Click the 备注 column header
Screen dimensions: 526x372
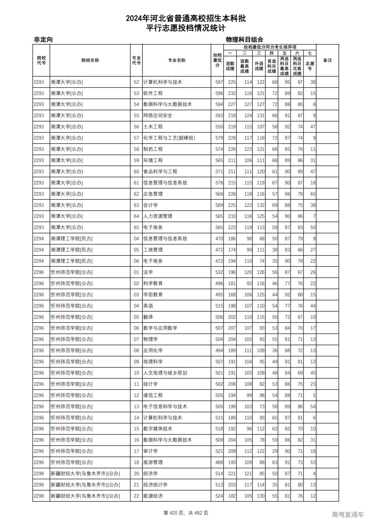click(327, 60)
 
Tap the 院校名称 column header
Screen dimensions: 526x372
click(90, 60)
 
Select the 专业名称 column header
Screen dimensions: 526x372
click(177, 60)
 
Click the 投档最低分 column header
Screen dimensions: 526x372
click(217, 60)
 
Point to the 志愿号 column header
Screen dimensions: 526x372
click(310, 66)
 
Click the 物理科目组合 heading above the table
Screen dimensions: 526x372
click(244, 40)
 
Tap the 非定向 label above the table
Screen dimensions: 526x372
click(43, 40)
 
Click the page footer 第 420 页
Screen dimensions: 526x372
click(186, 513)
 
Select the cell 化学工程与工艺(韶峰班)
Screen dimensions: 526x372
click(169, 138)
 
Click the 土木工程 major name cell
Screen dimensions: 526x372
click(153, 127)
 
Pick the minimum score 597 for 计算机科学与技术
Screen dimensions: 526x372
click(219, 82)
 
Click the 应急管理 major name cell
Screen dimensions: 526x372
click(153, 194)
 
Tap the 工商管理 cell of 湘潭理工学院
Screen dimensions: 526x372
click(153, 250)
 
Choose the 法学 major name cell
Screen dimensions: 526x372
click(148, 272)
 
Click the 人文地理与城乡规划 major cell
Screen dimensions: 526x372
click(165, 373)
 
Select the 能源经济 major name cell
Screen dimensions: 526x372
click(153, 496)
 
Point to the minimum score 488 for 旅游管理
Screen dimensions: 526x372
click(219, 462)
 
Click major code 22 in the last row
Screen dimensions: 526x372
click(136, 496)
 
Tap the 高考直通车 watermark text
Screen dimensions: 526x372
click(348, 515)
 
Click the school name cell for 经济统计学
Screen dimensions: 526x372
click(85, 485)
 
